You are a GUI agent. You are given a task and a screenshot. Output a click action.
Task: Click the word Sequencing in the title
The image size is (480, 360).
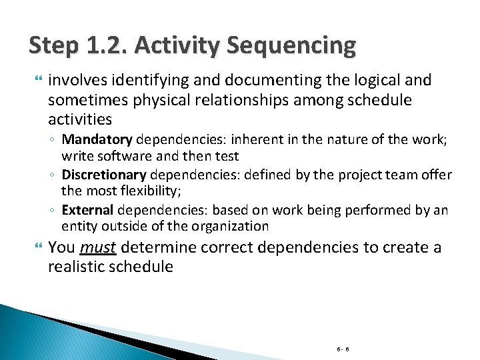(x=291, y=45)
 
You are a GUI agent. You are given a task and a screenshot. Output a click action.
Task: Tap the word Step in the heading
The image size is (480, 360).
(x=54, y=45)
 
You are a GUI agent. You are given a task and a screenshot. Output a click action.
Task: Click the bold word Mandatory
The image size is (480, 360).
(x=97, y=140)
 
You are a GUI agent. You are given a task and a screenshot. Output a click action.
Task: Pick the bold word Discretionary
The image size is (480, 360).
(x=104, y=175)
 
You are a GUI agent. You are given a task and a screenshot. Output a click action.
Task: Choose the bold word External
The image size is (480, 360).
(x=87, y=211)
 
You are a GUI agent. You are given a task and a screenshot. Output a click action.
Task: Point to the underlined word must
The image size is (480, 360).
(x=98, y=248)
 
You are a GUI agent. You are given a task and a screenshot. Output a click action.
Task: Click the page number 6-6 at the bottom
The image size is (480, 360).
(x=343, y=348)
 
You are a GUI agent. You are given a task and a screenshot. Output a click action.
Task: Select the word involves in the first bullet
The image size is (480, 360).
(x=74, y=81)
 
